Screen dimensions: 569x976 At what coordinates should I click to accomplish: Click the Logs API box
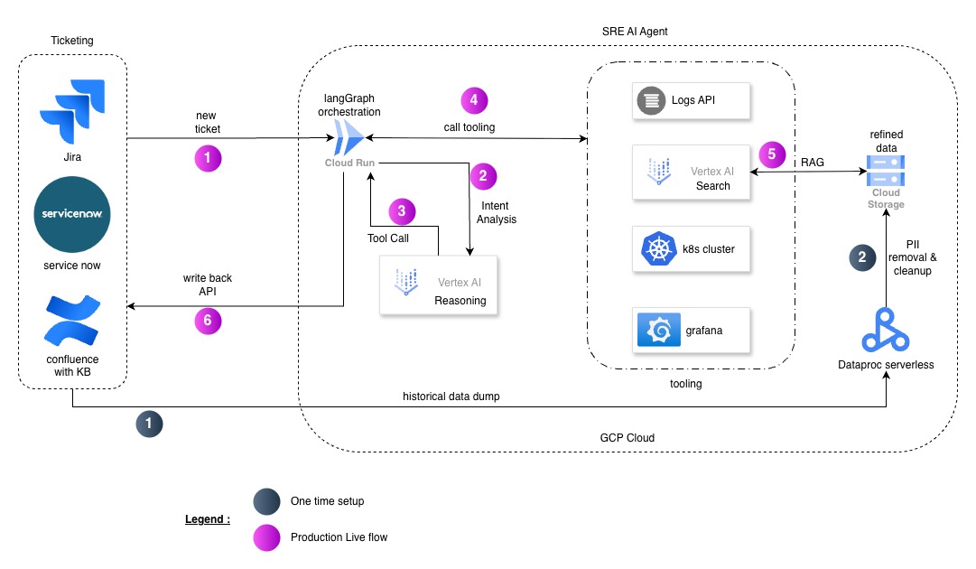pos(692,100)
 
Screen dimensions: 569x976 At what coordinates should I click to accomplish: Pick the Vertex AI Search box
pos(692,172)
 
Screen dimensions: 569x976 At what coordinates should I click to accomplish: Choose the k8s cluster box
pos(692,249)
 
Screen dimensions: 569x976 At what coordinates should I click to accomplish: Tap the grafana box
pos(692,331)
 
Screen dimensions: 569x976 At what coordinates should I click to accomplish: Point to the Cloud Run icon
pos(349,140)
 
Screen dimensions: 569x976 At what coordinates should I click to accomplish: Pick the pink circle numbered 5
pos(771,154)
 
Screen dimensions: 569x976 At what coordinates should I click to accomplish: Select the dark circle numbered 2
pos(861,257)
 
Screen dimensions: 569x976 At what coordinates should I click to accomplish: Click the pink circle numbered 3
pos(402,211)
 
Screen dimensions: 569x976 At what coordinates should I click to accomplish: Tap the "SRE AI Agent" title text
pos(635,32)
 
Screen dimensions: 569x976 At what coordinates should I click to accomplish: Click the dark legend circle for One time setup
pos(266,501)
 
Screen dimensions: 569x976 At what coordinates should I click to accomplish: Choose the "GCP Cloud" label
pos(627,437)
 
